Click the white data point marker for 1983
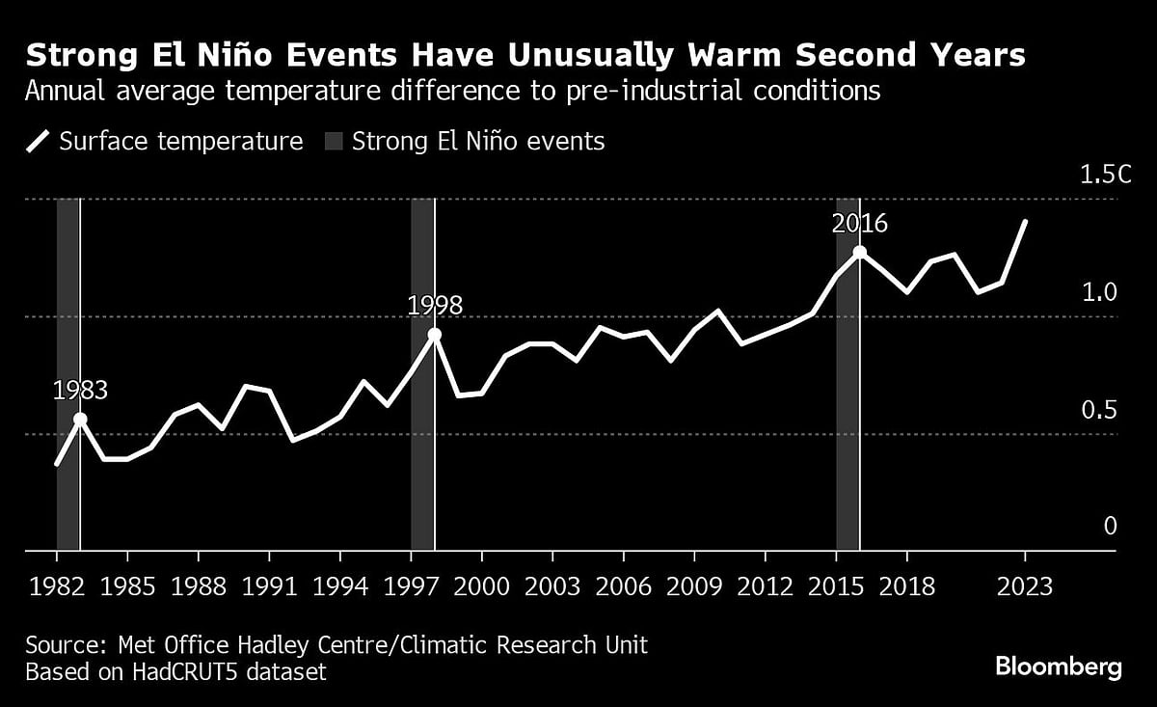click(x=80, y=419)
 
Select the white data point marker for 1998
click(x=435, y=335)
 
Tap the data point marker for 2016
click(x=859, y=253)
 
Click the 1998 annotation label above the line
click(x=435, y=306)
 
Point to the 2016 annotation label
click(x=859, y=224)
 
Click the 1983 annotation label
click(x=80, y=391)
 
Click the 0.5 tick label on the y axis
click(x=1098, y=411)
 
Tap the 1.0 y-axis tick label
click(x=1098, y=293)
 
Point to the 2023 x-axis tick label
click(x=1025, y=586)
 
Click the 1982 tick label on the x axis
click(x=57, y=586)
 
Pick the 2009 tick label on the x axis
click(x=694, y=586)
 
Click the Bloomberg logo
click(x=1058, y=666)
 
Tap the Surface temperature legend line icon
click(x=38, y=142)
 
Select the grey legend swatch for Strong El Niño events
click(x=332, y=142)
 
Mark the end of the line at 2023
click(x=1025, y=221)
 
